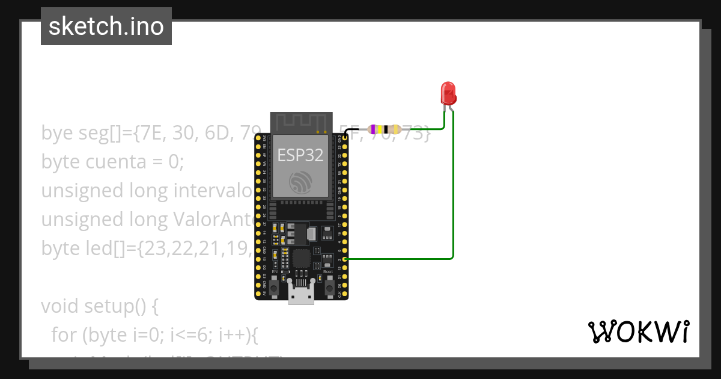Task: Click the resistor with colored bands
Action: (x=385, y=129)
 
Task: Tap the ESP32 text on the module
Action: (x=300, y=155)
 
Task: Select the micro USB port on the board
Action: (x=301, y=295)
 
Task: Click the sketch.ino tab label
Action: (x=106, y=26)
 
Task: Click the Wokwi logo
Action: (x=639, y=331)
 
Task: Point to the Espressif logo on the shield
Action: (x=300, y=182)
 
